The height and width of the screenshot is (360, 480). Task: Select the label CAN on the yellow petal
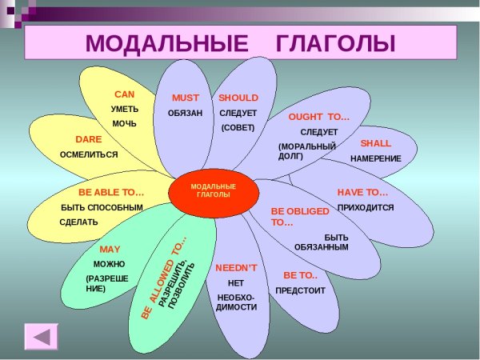124,94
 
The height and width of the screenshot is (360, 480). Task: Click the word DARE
88,138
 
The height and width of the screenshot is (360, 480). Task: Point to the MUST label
186,98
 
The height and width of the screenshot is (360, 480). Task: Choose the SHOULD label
238,98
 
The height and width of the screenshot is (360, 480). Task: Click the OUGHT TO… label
319,117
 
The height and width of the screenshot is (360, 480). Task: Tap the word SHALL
375,143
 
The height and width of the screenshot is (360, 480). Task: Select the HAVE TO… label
362,193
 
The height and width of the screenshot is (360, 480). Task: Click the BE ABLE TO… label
111,193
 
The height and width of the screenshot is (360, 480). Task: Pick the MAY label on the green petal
110,250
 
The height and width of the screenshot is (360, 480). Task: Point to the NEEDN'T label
236,268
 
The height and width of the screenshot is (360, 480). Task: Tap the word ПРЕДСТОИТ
300,290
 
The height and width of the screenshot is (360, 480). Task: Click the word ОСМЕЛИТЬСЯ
89,154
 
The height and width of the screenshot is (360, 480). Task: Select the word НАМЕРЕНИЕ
375,158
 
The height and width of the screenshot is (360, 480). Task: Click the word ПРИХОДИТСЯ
366,207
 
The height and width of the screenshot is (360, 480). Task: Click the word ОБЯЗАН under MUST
185,113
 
